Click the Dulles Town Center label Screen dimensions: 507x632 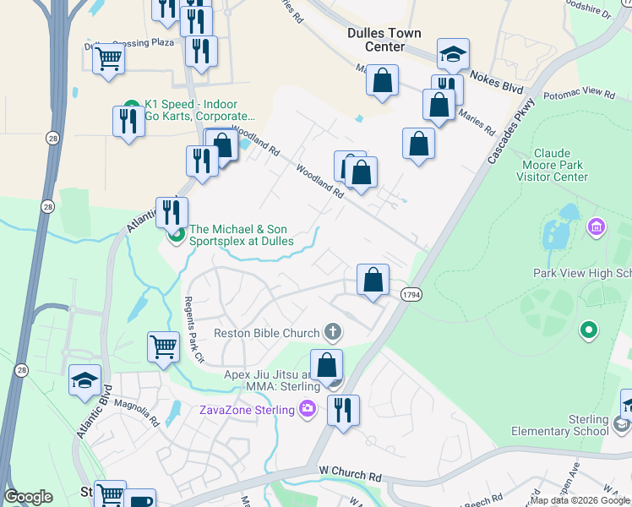coord(384,40)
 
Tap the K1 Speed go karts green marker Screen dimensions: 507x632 coord(130,104)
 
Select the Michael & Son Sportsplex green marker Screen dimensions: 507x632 coord(177,234)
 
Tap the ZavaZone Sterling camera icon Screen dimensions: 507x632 coord(307,410)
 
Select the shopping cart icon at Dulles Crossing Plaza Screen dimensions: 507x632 coord(108,59)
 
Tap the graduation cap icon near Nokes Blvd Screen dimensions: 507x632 coord(453,54)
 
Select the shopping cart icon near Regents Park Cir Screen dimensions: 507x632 coord(163,346)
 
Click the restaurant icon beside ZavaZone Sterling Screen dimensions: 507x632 coord(342,410)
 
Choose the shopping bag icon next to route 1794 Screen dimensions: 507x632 coord(373,279)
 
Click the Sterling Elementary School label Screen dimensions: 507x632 coord(559,425)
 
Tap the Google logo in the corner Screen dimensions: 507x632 coord(29,497)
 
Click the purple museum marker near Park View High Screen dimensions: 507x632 coord(597,226)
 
